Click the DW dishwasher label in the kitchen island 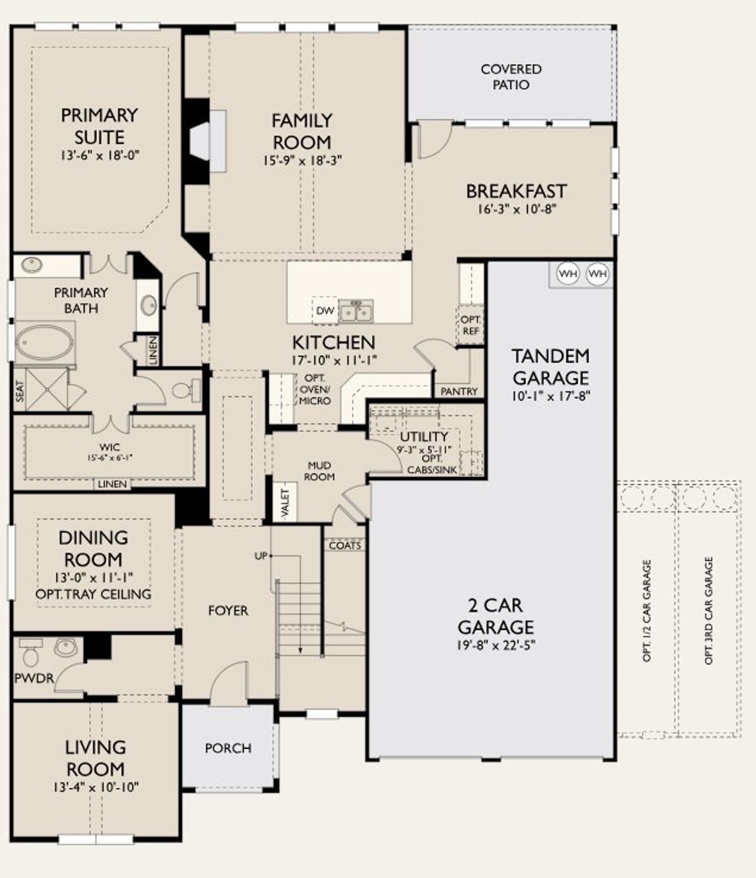pos(325,311)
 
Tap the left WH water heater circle pos(568,274)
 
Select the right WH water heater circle pos(597,274)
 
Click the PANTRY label pos(459,391)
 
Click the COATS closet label pos(345,546)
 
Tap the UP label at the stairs pos(260,556)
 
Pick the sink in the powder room pos(66,647)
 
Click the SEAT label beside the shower pos(20,391)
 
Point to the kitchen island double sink pos(356,312)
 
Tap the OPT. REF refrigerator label pos(471,325)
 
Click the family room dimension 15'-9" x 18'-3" pos(302,161)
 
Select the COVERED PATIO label pos(511,77)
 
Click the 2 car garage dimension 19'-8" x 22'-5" pos(495,645)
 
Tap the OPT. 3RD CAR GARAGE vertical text pos(709,611)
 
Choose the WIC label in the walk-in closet pos(110,447)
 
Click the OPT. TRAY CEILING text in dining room pos(93,594)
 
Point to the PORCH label pos(228,748)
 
